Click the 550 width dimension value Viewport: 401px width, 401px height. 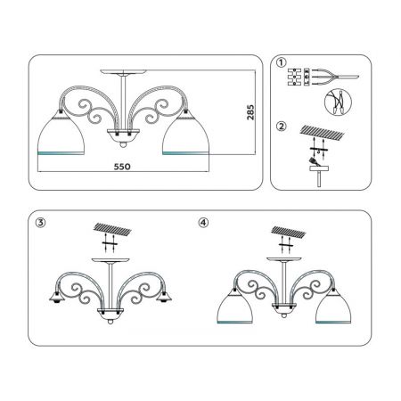pos(122,167)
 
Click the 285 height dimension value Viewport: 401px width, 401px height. pos(250,112)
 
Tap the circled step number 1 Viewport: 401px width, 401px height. pos(281,63)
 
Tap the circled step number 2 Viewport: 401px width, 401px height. pos(281,127)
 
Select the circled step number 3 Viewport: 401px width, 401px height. pos(40,223)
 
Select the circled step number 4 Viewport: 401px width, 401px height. pos(203,223)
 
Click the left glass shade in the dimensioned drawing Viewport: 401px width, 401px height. pos(61,133)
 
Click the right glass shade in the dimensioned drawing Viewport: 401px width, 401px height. pos(186,133)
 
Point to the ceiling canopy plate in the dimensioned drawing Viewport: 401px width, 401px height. pos(123,72)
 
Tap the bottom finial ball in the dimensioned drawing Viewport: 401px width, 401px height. pos(123,144)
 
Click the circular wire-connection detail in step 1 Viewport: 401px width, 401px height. pos(338,102)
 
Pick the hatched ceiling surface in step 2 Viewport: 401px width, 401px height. pos(322,132)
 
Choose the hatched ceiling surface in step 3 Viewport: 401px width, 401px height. pos(112,228)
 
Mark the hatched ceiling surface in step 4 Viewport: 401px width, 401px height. pos(289,232)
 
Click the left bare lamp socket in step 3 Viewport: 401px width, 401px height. pos(57,297)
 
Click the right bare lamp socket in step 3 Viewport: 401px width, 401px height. pos(164,297)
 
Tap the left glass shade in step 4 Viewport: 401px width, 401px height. pos(235,306)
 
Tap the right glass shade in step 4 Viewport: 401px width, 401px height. pos(333,306)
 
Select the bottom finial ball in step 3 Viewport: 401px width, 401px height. pos(110,322)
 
